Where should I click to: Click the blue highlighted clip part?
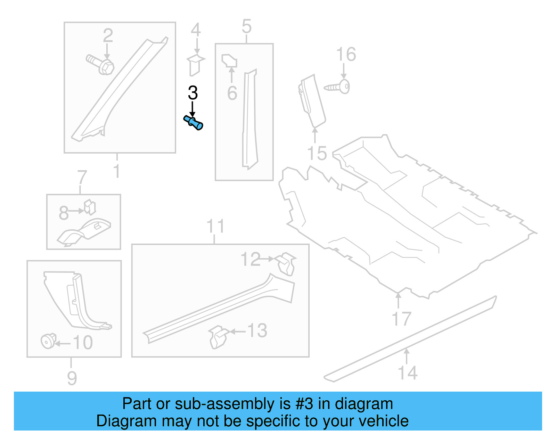193,123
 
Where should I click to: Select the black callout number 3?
193,93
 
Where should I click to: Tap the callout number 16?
346,55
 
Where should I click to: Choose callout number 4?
196,30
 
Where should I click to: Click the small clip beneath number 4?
196,65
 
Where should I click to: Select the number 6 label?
232,93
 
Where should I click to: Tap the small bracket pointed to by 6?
229,60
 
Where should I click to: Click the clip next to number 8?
90,207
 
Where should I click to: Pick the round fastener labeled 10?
48,341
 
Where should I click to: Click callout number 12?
250,259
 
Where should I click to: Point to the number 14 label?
407,373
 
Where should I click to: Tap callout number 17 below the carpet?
401,319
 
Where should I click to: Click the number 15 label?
317,153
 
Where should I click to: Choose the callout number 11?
215,226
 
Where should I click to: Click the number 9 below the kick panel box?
72,378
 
